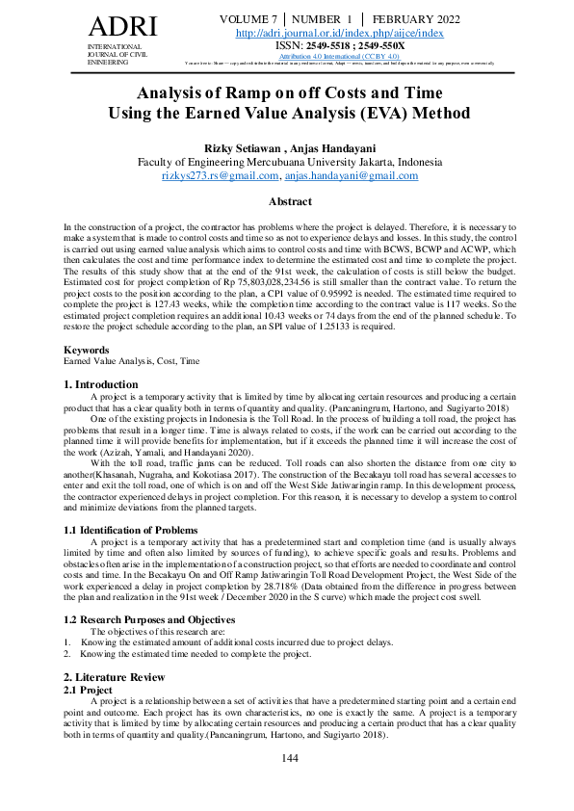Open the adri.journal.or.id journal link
pos(339,33)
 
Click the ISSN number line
pos(339,45)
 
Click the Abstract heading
pos(289,201)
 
